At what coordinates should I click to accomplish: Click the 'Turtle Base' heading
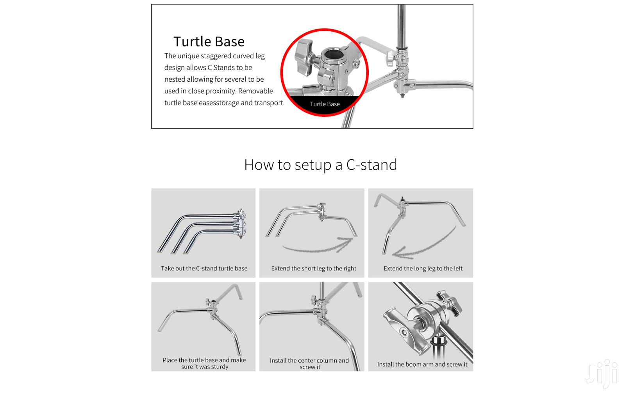[209, 41]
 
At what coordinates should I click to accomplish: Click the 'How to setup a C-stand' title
[320, 165]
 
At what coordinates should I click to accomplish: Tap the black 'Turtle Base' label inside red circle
[325, 104]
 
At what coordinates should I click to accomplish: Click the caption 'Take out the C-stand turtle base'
[204, 268]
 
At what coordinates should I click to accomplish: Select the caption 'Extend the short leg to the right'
[313, 268]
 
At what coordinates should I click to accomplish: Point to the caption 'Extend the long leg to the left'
[423, 268]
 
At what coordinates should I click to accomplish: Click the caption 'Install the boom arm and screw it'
[422, 364]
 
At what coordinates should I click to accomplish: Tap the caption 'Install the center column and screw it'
[309, 363]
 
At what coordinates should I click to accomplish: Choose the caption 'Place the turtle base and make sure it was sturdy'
[204, 363]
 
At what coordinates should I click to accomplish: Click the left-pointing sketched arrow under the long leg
[424, 244]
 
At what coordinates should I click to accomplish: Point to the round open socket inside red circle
[332, 55]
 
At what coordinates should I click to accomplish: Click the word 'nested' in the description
[175, 79]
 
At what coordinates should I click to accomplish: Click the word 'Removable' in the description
[255, 91]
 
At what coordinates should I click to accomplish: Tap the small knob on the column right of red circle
[390, 59]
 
